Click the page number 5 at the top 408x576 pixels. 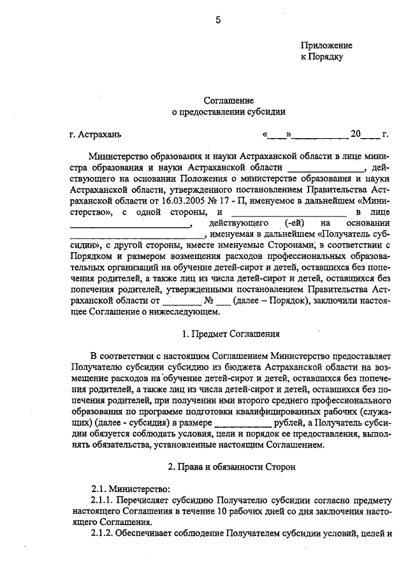coord(218,20)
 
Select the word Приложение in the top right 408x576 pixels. coord(326,46)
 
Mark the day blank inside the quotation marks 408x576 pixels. coord(277,135)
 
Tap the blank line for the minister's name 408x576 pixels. coord(326,167)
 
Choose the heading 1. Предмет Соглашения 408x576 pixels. coord(228,334)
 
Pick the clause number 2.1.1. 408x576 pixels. coord(103,500)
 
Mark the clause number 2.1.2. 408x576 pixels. coord(103,533)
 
